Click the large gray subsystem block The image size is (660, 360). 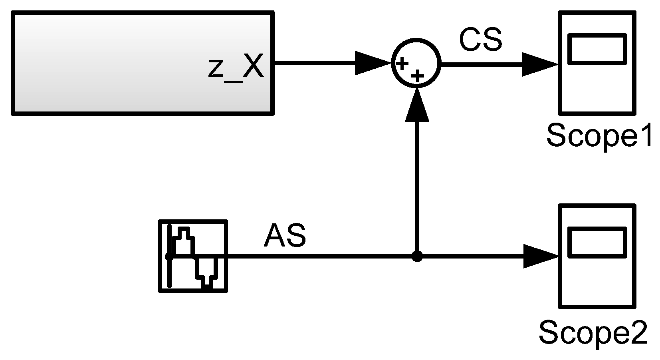(120, 63)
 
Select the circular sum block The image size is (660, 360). (416, 63)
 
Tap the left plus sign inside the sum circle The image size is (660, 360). (402, 63)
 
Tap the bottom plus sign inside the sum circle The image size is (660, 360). (417, 76)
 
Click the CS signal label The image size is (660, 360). (480, 40)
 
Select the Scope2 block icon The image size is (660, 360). (597, 256)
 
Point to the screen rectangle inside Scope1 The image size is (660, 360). (597, 49)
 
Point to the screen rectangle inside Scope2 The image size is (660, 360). (597, 242)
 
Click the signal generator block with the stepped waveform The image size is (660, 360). (193, 256)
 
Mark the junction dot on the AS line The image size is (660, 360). (417, 256)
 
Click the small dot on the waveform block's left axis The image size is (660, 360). (169, 257)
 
